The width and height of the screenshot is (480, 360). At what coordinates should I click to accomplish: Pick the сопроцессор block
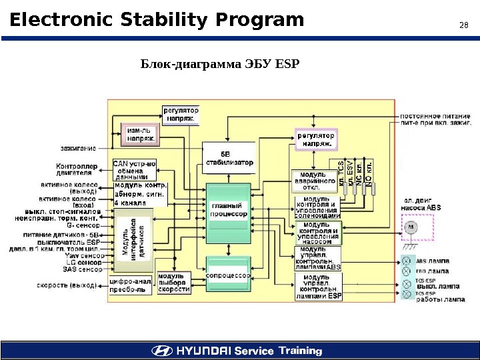[x=229, y=275]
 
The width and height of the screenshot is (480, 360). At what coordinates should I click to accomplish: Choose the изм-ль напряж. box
[x=140, y=134]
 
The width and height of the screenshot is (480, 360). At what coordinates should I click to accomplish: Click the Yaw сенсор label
[x=84, y=255]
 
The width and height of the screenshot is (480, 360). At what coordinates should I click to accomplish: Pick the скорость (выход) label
[x=67, y=285]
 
